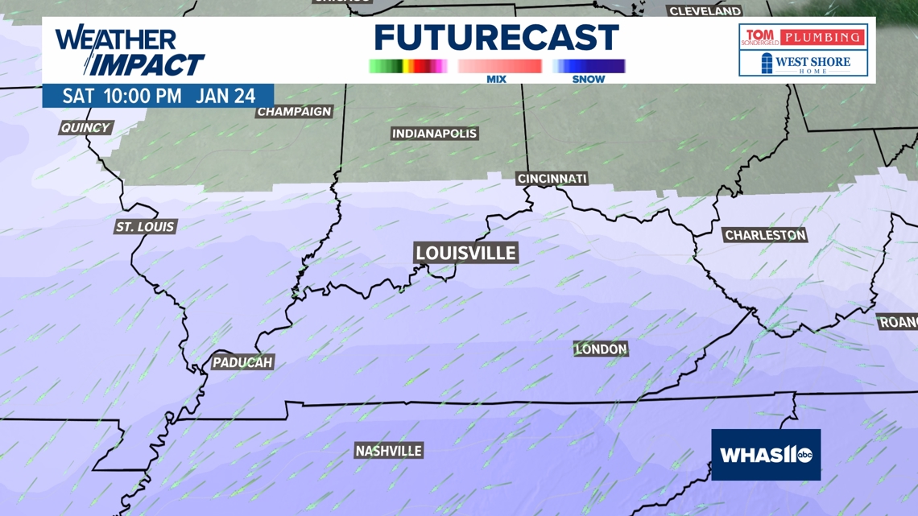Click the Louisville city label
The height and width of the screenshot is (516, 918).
pyautogui.click(x=465, y=253)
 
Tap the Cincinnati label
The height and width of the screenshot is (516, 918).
pyautogui.click(x=552, y=178)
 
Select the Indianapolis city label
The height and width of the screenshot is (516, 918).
pyautogui.click(x=434, y=134)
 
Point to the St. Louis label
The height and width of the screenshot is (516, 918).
pyautogui.click(x=145, y=227)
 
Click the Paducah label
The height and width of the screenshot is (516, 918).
pyautogui.click(x=242, y=362)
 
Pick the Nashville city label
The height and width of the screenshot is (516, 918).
pyautogui.click(x=389, y=451)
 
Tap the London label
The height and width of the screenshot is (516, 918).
pyautogui.click(x=601, y=349)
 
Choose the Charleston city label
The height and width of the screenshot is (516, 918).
pyautogui.click(x=765, y=235)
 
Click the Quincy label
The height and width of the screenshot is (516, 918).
pyautogui.click(x=85, y=127)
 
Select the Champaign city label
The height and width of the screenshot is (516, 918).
pyautogui.click(x=294, y=111)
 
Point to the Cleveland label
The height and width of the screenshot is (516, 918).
pyautogui.click(x=705, y=11)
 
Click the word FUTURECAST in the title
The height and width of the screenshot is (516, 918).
pyautogui.click(x=496, y=38)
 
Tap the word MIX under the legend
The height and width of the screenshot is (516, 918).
pyautogui.click(x=497, y=79)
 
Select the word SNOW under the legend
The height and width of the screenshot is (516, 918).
pyautogui.click(x=588, y=79)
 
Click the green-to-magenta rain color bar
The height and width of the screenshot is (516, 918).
pyautogui.click(x=407, y=66)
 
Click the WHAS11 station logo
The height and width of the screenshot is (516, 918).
pyautogui.click(x=766, y=455)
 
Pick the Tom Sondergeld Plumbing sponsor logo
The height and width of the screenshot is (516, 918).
pyautogui.click(x=803, y=37)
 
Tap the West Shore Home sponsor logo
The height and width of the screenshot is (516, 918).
pyautogui.click(x=803, y=64)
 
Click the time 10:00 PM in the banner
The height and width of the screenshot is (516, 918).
pyautogui.click(x=143, y=96)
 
